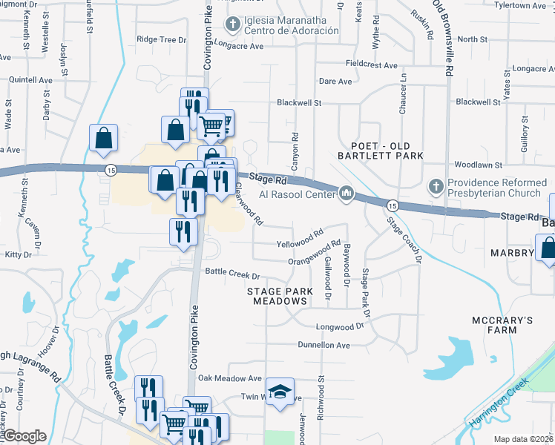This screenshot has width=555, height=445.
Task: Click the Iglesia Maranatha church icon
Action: (x=232, y=25)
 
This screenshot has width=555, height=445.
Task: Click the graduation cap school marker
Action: (x=280, y=392)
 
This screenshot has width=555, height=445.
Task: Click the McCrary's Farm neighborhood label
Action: (x=502, y=326)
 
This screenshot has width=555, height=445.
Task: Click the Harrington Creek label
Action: (x=499, y=403)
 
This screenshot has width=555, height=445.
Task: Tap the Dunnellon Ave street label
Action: (x=323, y=345)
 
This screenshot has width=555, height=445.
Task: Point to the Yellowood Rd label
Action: (x=300, y=239)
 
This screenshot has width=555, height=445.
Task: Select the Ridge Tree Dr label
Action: (x=162, y=39)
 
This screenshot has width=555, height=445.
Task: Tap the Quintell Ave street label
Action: (x=30, y=79)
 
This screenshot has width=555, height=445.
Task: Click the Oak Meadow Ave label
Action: (x=230, y=378)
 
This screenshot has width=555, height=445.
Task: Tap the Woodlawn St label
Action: (x=479, y=165)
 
